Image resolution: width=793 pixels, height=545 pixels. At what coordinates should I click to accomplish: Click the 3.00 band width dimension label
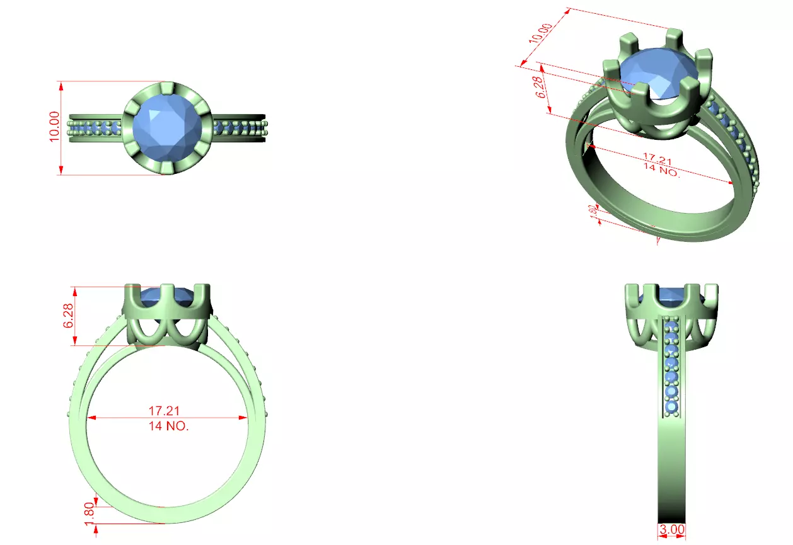671,531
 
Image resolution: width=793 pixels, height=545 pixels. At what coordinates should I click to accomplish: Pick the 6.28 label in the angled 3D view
540,87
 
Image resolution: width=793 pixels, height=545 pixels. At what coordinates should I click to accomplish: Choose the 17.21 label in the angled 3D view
659,161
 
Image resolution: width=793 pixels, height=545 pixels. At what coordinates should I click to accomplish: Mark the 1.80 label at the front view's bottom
89,510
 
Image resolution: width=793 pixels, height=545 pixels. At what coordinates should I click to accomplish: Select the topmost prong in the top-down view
167,88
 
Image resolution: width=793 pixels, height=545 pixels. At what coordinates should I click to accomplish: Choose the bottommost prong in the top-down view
167,168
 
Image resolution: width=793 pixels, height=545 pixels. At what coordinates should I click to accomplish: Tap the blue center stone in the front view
167,295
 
